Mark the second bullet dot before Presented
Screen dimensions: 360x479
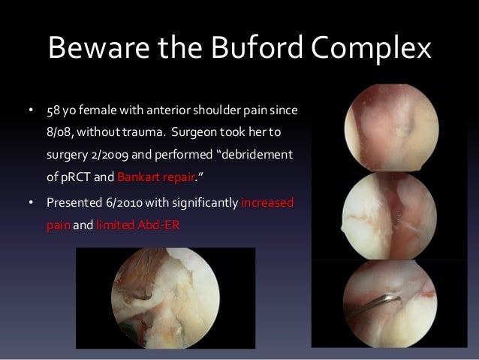pos(31,204)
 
